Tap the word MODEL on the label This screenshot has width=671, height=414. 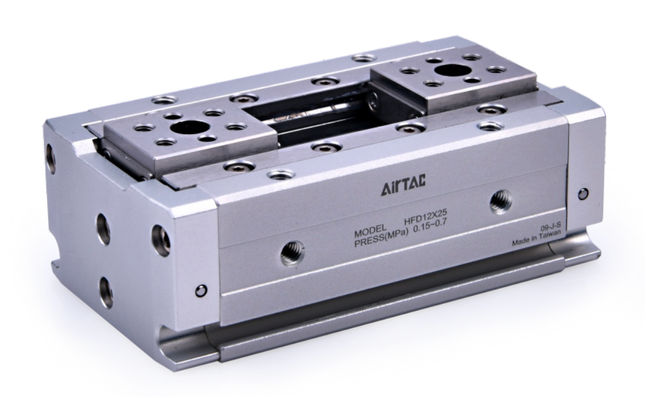pyautogui.click(x=371, y=234)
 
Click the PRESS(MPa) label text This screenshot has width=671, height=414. pyautogui.click(x=381, y=241)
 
